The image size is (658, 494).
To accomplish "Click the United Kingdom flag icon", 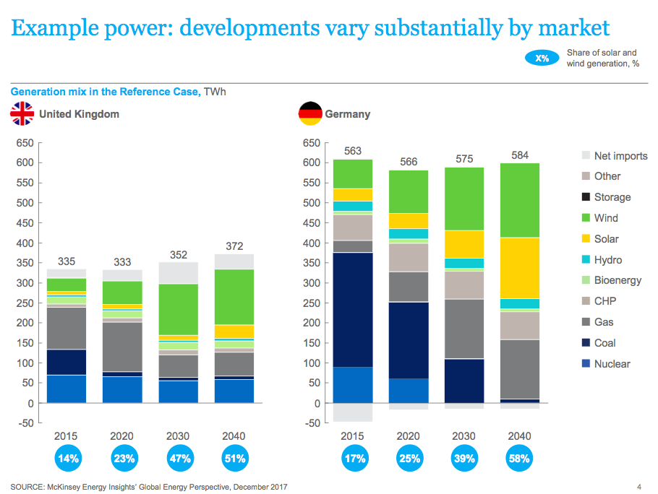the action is (x=22, y=113).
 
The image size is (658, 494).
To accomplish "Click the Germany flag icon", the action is (x=310, y=113).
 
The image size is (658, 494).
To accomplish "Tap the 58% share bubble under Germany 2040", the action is (x=519, y=459).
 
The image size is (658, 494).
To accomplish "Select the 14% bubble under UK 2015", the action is (x=68, y=459).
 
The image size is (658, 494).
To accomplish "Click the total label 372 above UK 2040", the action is (x=234, y=246).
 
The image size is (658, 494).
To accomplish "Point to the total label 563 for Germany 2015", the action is (x=353, y=151).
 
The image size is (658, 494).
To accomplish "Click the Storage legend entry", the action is (x=607, y=197).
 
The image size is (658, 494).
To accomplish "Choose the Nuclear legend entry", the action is (x=606, y=364).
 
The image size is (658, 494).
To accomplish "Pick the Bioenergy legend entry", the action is (x=612, y=280).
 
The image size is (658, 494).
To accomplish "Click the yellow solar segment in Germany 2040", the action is (x=519, y=268).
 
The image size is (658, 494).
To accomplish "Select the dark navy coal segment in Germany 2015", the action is (x=353, y=310).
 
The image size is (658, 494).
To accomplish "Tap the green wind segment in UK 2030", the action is (x=179, y=310).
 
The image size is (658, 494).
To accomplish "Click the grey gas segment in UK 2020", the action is (x=122, y=347).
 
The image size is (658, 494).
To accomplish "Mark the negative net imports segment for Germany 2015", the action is (x=353, y=412).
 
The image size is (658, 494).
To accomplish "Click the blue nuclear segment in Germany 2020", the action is (x=409, y=391).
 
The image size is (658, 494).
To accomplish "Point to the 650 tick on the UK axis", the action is (x=25, y=143).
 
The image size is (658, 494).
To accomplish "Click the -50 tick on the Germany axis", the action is (x=312, y=423).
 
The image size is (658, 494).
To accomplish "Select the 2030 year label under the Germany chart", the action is (x=463, y=436).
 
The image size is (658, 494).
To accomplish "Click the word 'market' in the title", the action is (x=573, y=27).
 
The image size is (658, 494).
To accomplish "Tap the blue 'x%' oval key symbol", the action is (x=542, y=58).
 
